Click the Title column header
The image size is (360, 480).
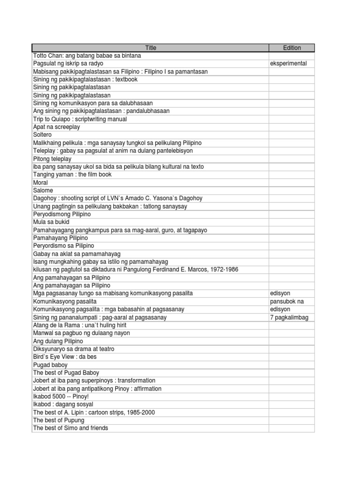(x=150, y=48)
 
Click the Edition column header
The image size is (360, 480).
(x=292, y=48)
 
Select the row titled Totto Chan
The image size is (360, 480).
(x=78, y=55)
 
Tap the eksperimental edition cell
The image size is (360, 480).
(x=289, y=63)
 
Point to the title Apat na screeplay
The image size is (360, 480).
(x=56, y=127)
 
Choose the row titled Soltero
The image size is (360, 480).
(x=42, y=135)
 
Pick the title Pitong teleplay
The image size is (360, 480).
(x=52, y=159)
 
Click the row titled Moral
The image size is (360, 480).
(x=41, y=182)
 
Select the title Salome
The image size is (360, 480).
(x=43, y=190)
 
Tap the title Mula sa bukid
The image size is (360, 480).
(x=51, y=222)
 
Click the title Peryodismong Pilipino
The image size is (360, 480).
(x=62, y=214)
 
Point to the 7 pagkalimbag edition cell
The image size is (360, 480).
(x=290, y=317)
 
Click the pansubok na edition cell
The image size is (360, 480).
(x=287, y=301)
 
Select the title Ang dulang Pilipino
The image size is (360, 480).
(x=58, y=341)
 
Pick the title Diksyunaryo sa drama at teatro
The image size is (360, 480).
(x=73, y=349)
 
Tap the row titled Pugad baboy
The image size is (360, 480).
(x=50, y=365)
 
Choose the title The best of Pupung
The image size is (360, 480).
(x=59, y=420)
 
